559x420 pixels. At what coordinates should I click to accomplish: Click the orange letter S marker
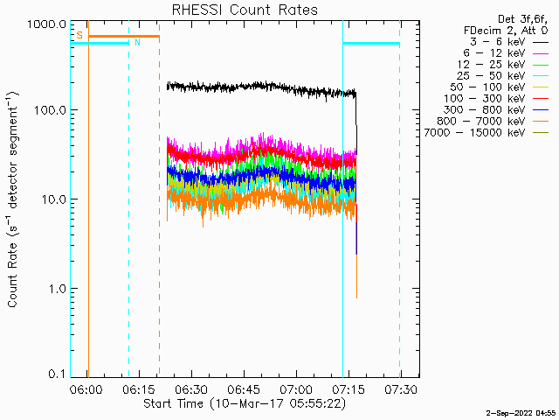click(x=79, y=35)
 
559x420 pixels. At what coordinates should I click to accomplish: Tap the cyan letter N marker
click(x=136, y=42)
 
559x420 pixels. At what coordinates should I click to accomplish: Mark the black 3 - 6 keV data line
click(x=262, y=87)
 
